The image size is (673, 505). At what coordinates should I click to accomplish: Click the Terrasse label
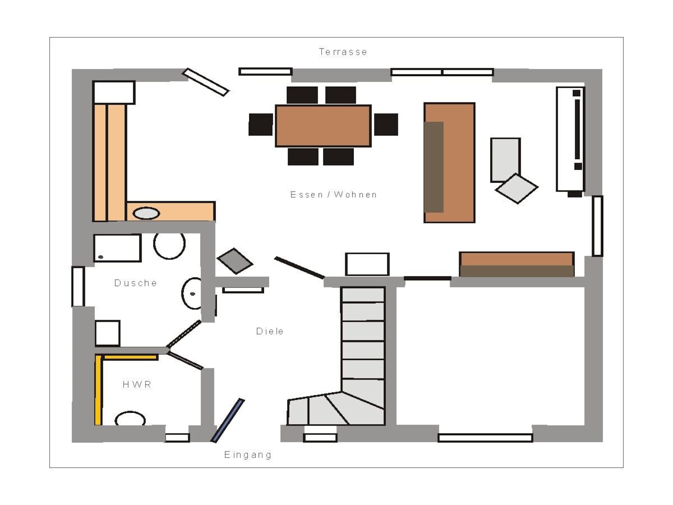343,52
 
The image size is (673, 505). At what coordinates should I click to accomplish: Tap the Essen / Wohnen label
334,195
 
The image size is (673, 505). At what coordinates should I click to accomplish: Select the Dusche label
136,283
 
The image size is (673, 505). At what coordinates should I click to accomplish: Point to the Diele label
270,331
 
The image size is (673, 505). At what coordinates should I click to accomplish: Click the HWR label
137,385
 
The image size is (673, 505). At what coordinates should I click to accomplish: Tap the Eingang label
248,455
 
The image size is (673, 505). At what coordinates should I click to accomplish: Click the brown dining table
323,126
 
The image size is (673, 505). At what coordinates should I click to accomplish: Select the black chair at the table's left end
261,124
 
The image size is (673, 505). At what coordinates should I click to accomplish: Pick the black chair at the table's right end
386,124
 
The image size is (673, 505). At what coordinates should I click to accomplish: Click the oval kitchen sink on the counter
146,213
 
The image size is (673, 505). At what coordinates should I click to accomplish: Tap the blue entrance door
227,420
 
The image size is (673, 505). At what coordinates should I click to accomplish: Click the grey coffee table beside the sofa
505,160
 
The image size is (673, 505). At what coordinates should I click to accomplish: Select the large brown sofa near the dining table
449,163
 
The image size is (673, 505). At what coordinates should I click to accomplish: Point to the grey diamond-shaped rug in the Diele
235,261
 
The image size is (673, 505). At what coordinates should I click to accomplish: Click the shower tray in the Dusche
117,248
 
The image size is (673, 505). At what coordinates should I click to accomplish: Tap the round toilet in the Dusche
169,245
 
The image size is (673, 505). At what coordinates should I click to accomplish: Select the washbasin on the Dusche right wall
191,293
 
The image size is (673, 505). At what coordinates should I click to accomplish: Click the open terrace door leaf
205,82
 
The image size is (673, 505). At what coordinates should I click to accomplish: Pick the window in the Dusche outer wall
78,287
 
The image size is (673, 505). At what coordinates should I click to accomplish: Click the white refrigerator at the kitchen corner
114,93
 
